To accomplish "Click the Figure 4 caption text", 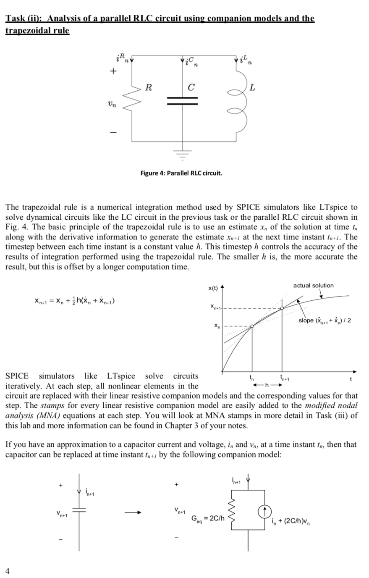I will (x=181, y=173).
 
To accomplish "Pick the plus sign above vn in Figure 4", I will (x=112, y=71).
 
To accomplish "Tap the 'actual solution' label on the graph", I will (x=313, y=286).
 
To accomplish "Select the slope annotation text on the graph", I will (x=325, y=321).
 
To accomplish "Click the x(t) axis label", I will (x=213, y=288).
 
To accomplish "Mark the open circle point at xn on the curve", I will (x=252, y=326).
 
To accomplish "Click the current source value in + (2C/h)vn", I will (x=291, y=522).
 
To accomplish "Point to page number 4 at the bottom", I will (x=7, y=570).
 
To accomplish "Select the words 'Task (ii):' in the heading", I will (x=24, y=18).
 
